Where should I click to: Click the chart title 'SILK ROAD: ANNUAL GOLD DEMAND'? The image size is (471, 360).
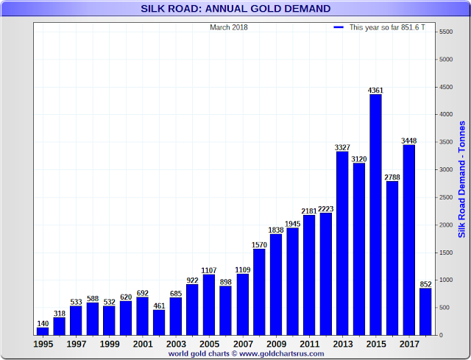tap(235, 9)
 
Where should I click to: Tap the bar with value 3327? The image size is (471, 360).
tap(342, 243)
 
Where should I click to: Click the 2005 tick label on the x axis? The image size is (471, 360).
tap(209, 344)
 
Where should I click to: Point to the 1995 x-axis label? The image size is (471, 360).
tap(43, 344)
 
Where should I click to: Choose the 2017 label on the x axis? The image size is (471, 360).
tap(409, 344)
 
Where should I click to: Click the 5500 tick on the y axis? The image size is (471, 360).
tap(446, 32)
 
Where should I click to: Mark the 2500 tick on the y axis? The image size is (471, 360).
tap(446, 197)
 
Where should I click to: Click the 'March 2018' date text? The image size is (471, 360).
tap(229, 27)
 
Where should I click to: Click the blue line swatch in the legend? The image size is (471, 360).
tap(339, 27)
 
